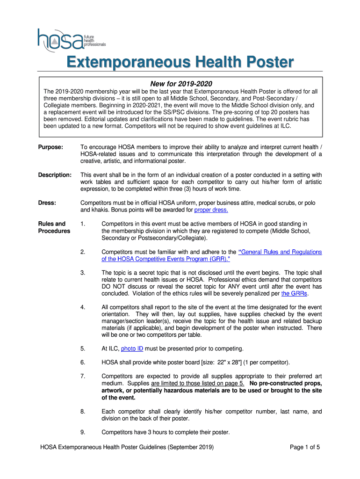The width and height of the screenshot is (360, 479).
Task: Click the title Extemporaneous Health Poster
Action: (180, 62)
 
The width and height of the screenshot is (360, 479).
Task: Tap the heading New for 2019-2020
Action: (180, 84)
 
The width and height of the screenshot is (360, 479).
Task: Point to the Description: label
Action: (54, 175)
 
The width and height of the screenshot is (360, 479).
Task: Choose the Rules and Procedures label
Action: (54, 227)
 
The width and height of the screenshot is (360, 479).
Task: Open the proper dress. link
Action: (211, 210)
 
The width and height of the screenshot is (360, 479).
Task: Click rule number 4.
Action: (82, 307)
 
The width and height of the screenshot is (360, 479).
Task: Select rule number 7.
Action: (82, 376)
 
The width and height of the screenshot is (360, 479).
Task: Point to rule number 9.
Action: (82, 432)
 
